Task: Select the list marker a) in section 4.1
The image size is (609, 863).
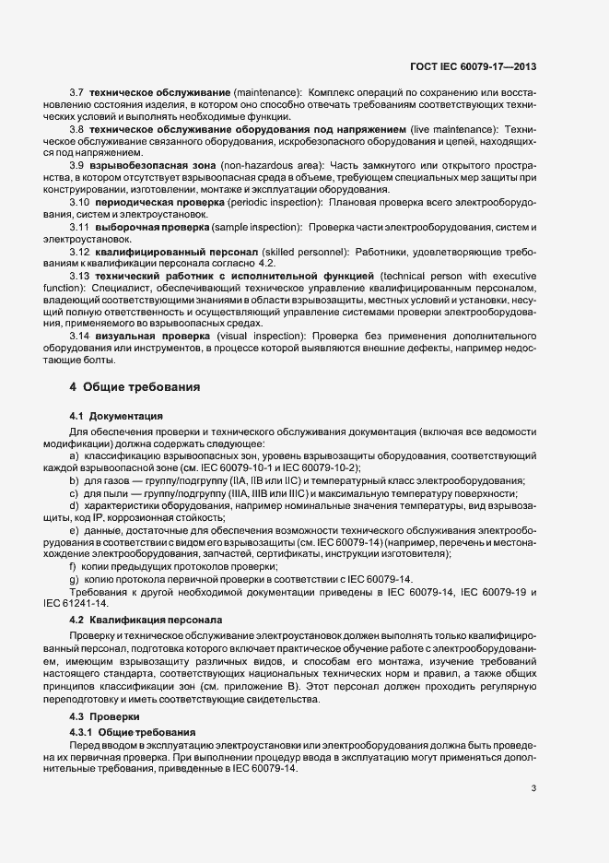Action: coord(74,455)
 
